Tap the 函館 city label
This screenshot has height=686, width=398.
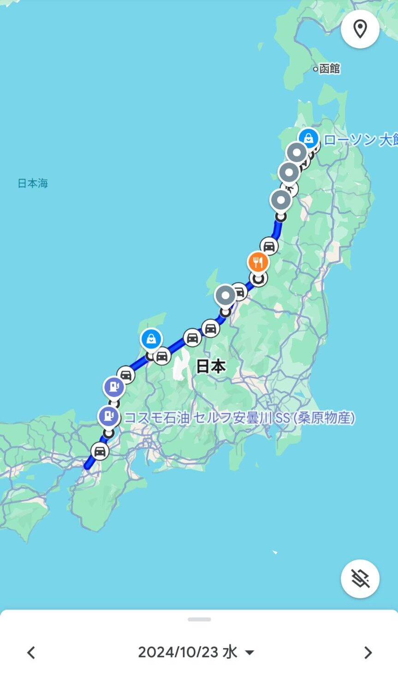(x=329, y=69)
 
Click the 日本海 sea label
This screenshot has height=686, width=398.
(x=33, y=183)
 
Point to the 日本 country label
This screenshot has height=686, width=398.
(x=211, y=366)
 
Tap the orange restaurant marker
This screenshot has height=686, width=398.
(x=258, y=263)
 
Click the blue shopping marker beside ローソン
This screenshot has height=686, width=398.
(x=309, y=138)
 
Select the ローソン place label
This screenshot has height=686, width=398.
(x=360, y=140)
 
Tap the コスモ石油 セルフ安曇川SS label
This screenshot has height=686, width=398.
(x=239, y=418)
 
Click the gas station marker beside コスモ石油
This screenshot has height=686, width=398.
(x=109, y=416)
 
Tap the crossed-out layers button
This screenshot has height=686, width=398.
(x=360, y=578)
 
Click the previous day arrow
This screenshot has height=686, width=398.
(x=31, y=652)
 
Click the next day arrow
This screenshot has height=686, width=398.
(x=368, y=652)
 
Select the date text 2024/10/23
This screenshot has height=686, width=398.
(x=178, y=652)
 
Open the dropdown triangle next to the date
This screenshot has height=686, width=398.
(x=249, y=652)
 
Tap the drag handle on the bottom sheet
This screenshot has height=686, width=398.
(x=199, y=620)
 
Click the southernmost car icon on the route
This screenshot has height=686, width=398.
(x=100, y=451)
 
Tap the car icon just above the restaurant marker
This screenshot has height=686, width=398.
(x=269, y=246)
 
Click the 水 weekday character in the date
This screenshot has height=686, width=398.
(x=230, y=652)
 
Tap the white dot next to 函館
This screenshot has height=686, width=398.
(x=315, y=69)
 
